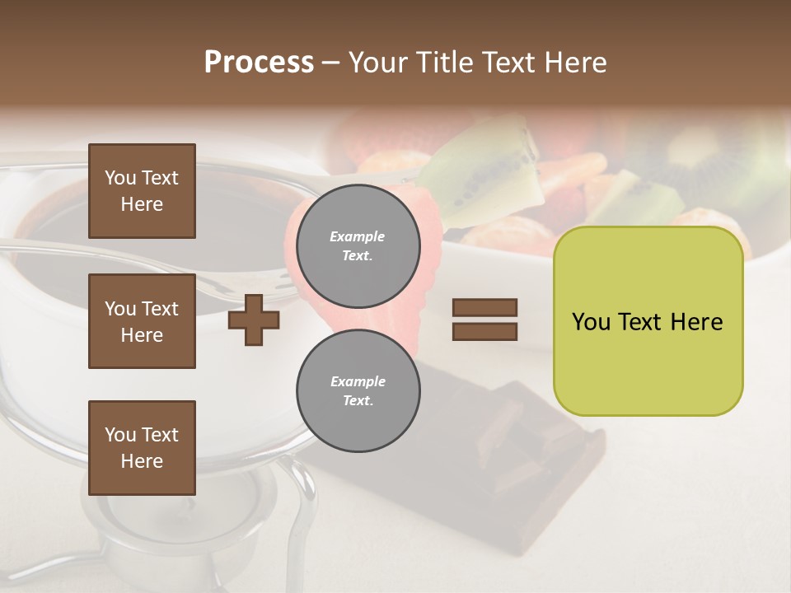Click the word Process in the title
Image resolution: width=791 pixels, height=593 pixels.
(259, 63)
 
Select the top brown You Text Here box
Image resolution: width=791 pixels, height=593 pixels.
(142, 191)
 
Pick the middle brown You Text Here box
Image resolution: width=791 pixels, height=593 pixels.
(142, 321)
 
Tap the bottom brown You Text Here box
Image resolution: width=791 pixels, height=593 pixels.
(142, 448)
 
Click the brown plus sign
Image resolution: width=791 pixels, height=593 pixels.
(253, 320)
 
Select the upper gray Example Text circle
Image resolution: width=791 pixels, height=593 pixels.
(358, 246)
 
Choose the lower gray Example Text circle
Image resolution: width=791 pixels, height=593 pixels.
(358, 391)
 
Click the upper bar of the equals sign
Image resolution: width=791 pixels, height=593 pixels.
(484, 308)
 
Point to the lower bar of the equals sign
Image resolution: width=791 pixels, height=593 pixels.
(484, 332)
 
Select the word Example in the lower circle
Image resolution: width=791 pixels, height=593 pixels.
(358, 381)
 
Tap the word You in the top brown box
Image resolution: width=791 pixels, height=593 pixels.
(119, 178)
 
